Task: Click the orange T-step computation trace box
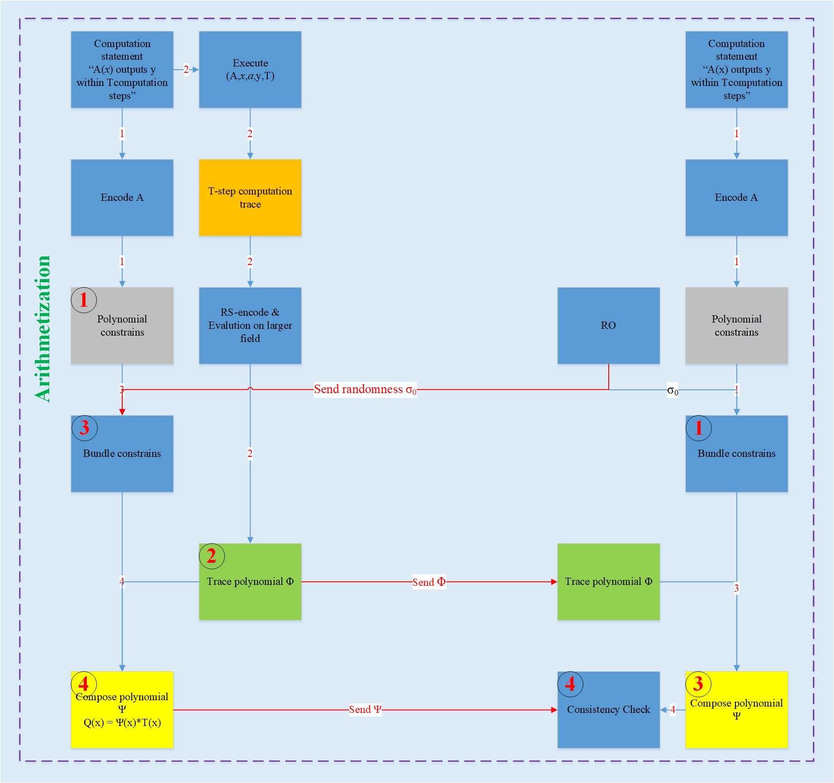pos(250,198)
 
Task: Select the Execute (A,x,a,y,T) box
pos(250,70)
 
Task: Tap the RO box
pos(608,326)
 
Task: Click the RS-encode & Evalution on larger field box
pos(250,326)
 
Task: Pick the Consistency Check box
pos(608,710)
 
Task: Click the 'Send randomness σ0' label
pos(365,389)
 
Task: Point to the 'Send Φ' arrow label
pos(429,582)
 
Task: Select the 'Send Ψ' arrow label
pos(365,710)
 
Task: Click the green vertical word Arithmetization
pos(43,329)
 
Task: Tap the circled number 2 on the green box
pos(212,556)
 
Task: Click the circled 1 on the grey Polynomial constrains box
pos(84,300)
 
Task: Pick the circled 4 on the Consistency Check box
pos(570,684)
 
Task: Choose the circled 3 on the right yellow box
pos(698,684)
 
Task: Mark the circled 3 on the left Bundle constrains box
pos(85,428)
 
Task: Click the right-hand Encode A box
pos(736,198)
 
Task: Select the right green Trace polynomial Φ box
pos(608,582)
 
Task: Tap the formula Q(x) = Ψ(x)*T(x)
pos(122,723)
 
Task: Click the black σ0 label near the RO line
pos(673,390)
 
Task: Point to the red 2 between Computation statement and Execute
pos(186,70)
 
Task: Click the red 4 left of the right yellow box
pos(673,710)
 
